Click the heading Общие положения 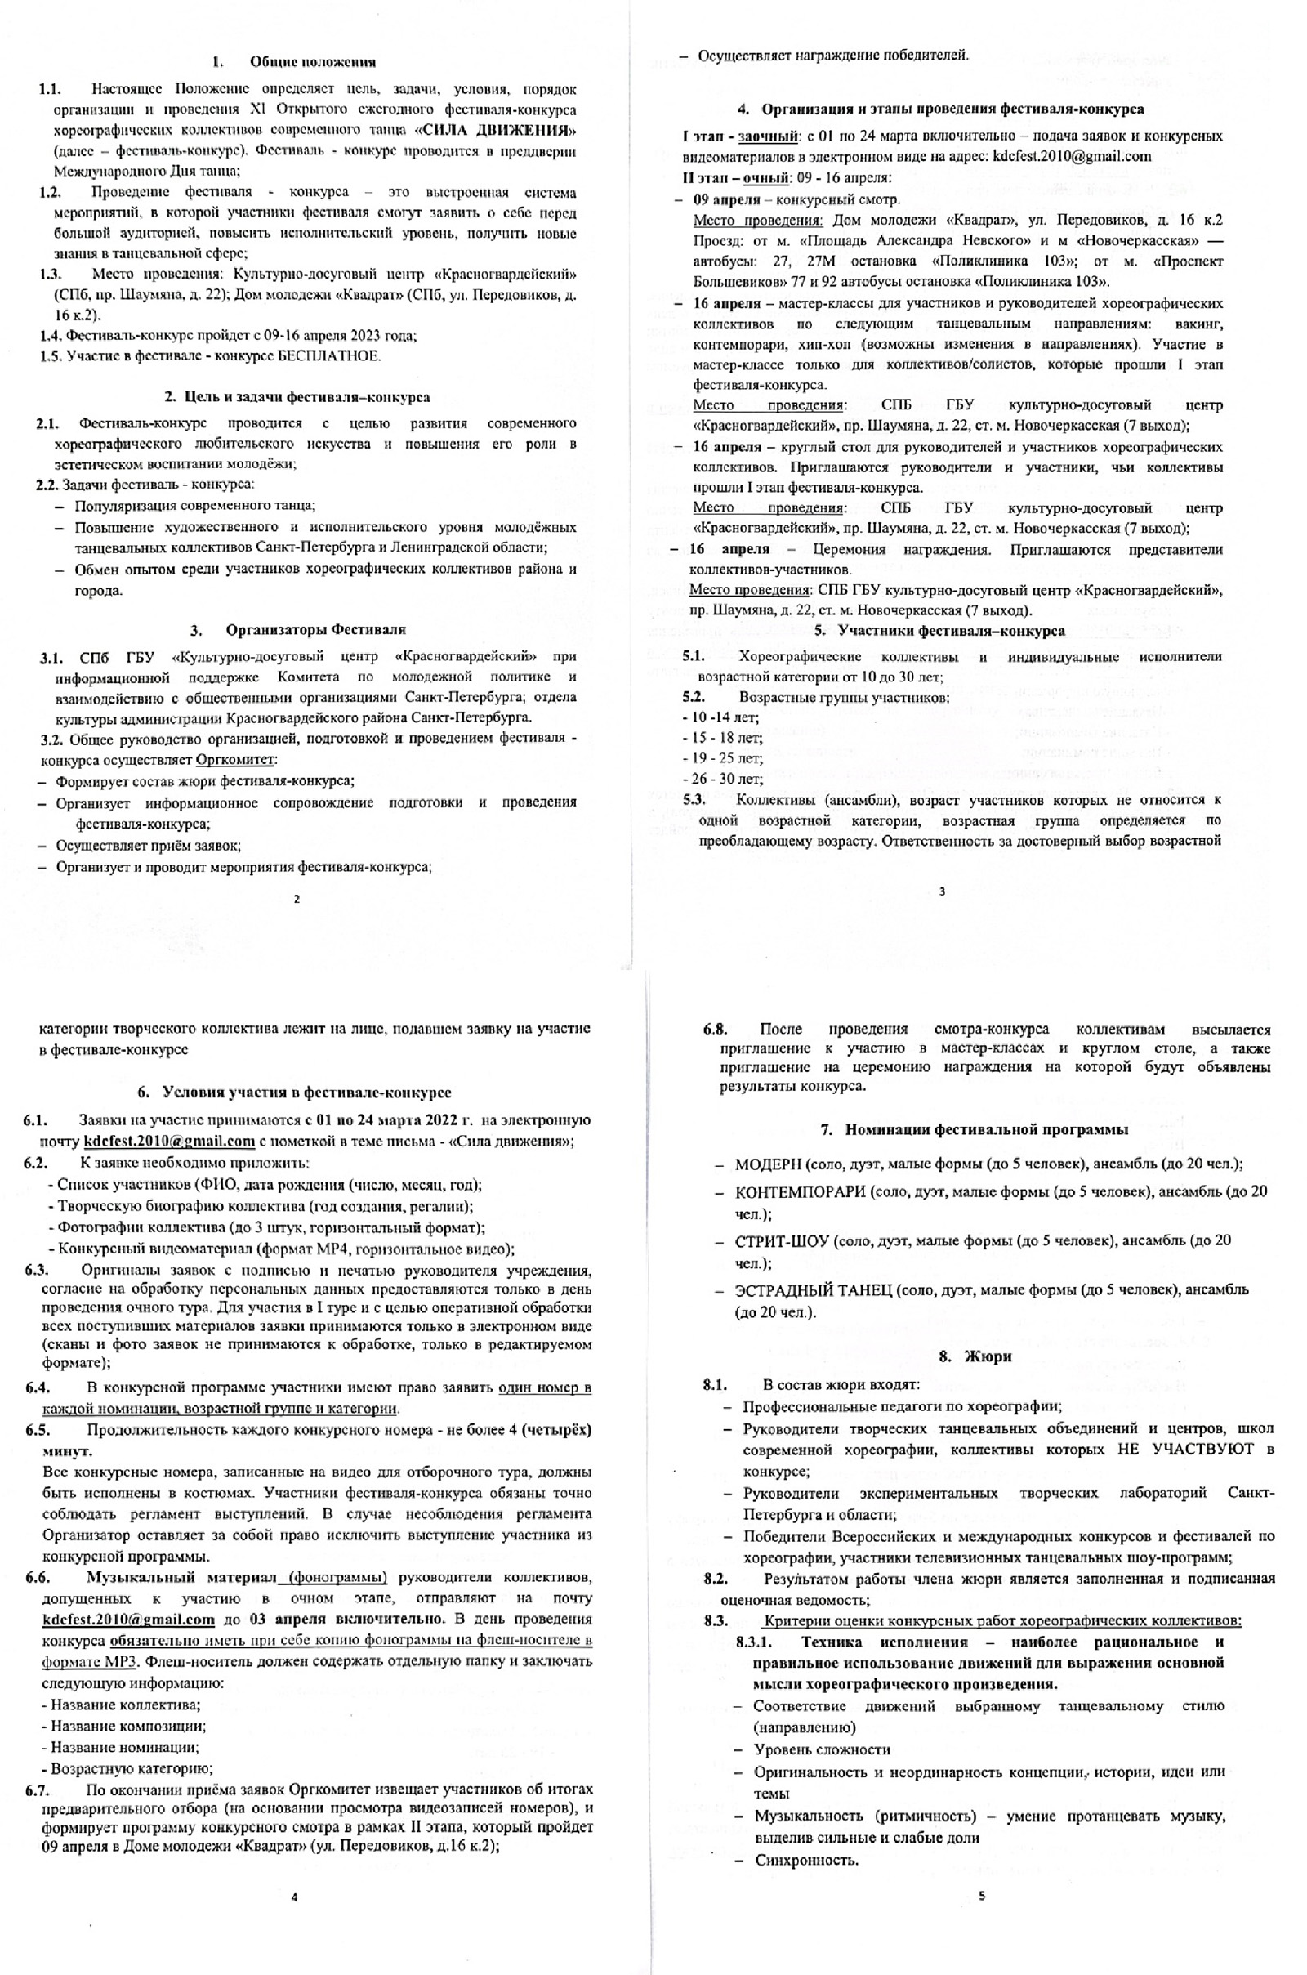point(313,61)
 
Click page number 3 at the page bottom point(942,892)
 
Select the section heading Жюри point(987,1356)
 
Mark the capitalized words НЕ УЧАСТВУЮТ point(1184,1450)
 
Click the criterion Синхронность point(806,1861)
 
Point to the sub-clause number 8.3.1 point(755,1642)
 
